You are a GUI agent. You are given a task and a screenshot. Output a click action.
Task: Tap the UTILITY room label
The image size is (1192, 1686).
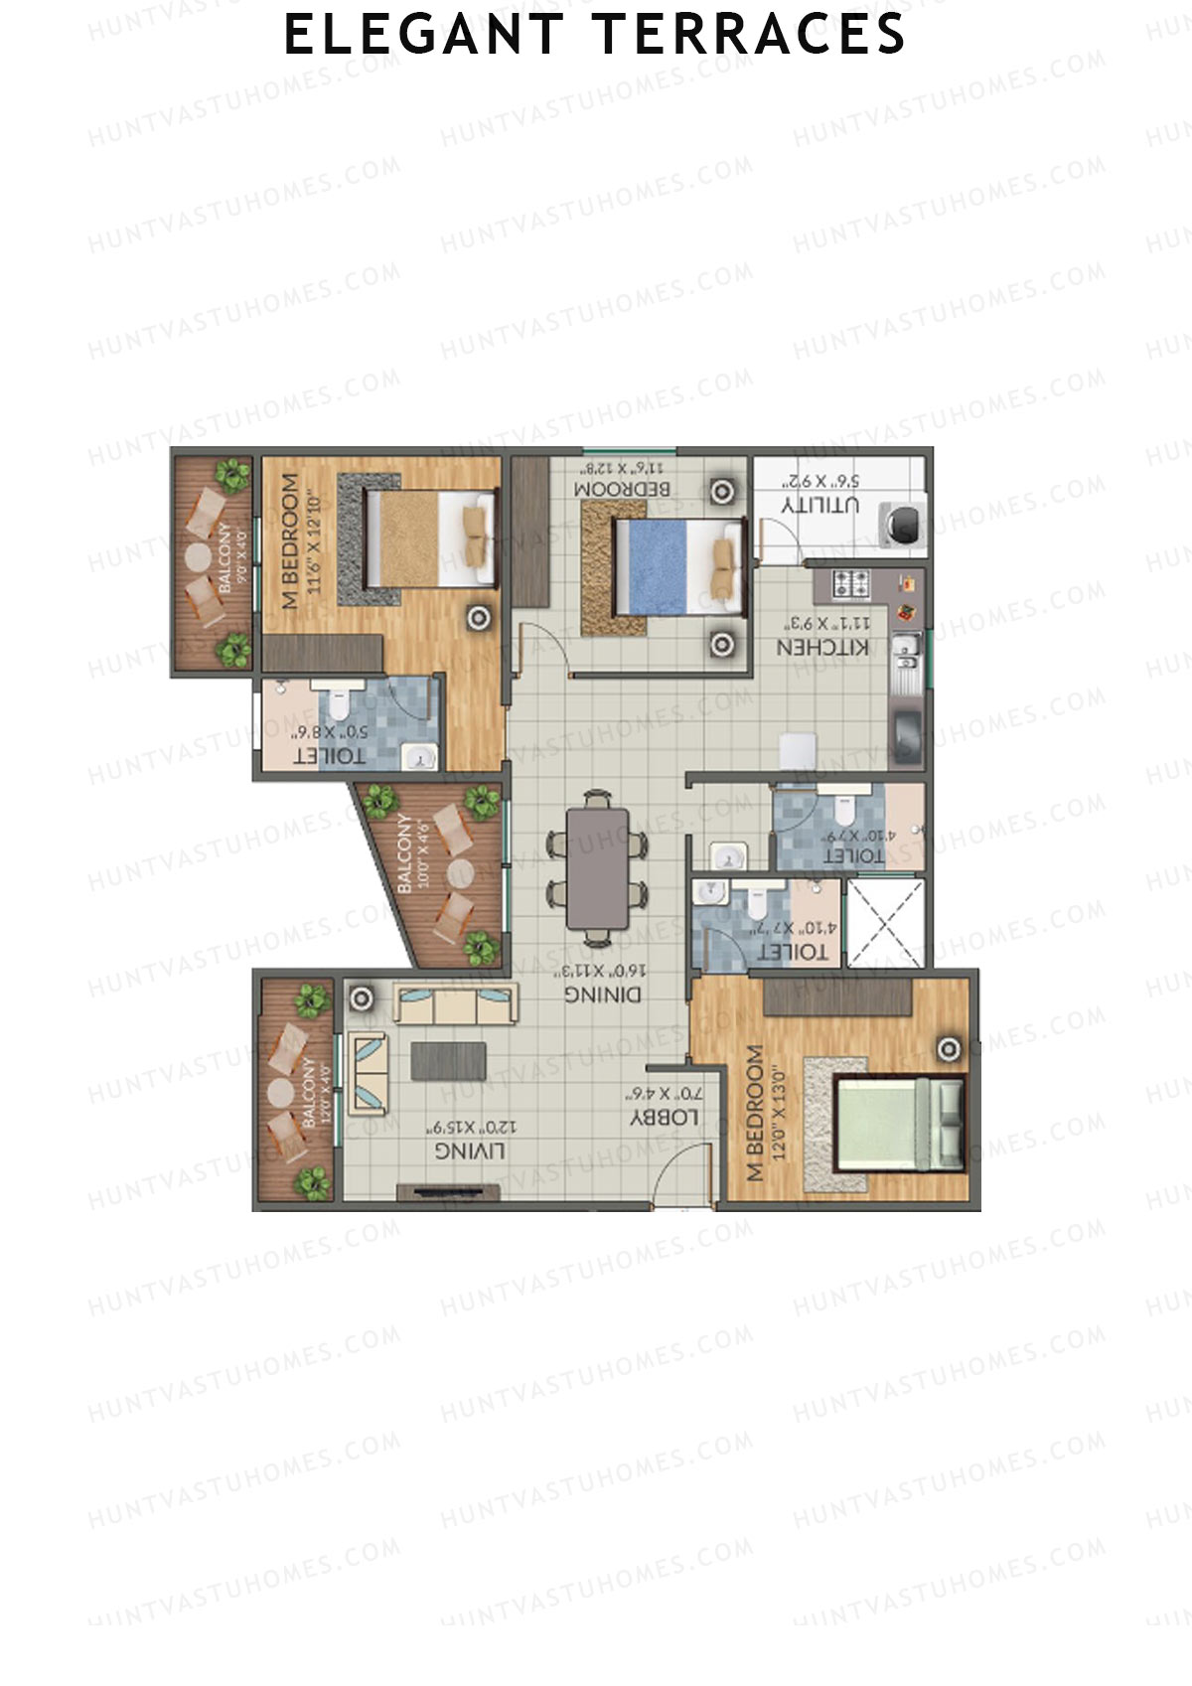820,504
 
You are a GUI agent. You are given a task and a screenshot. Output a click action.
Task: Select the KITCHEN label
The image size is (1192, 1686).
822,647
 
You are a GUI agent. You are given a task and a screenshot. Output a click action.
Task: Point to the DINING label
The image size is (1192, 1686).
603,994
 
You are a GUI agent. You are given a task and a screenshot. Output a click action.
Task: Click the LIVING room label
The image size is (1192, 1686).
470,1150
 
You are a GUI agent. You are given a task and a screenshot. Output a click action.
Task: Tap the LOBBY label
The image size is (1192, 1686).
665,1118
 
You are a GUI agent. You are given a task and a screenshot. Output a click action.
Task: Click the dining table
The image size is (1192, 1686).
597,867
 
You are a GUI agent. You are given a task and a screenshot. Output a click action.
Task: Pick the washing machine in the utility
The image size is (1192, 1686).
903,525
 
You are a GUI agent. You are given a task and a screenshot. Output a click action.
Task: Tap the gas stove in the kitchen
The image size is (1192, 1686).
850,583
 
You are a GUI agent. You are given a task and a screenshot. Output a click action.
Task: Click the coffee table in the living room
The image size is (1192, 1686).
448,1060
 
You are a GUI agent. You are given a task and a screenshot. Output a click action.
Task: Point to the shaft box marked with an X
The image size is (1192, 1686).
884,923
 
